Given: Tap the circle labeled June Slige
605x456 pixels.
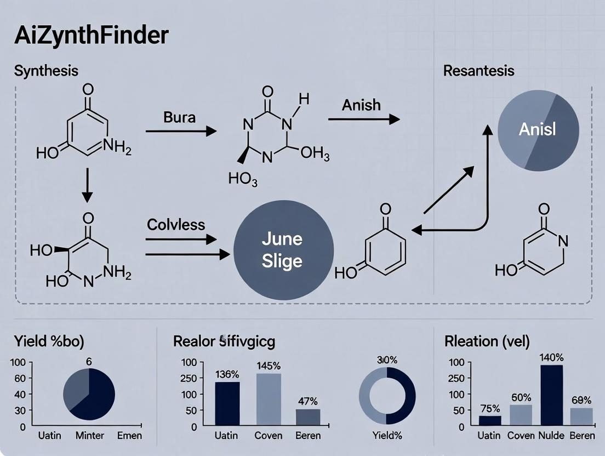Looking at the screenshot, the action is pos(283,249).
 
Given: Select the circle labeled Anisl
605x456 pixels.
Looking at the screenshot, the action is pos(538,129).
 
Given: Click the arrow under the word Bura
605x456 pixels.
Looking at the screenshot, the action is pos(181,132).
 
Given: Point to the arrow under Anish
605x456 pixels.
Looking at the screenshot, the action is pos(363,119).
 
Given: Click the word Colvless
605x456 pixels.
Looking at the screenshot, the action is pos(176,224).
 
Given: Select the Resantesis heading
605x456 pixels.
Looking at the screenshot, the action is pos(478,70).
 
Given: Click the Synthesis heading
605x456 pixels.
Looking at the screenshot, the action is pos(46,71).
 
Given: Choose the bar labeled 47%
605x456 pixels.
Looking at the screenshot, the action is pos(308,417).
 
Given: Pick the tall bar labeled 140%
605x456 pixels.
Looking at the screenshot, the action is pos(551,395).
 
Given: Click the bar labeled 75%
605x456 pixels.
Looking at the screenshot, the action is pos(490,420).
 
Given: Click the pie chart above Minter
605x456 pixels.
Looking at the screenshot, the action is pos(89,394).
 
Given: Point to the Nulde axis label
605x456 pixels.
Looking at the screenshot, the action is pos(551,436).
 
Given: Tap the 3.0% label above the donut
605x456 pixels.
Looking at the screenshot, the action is pos(387,361).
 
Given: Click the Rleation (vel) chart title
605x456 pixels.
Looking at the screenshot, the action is pos(487,341).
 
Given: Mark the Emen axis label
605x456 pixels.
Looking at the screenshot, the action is pos(129,436).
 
